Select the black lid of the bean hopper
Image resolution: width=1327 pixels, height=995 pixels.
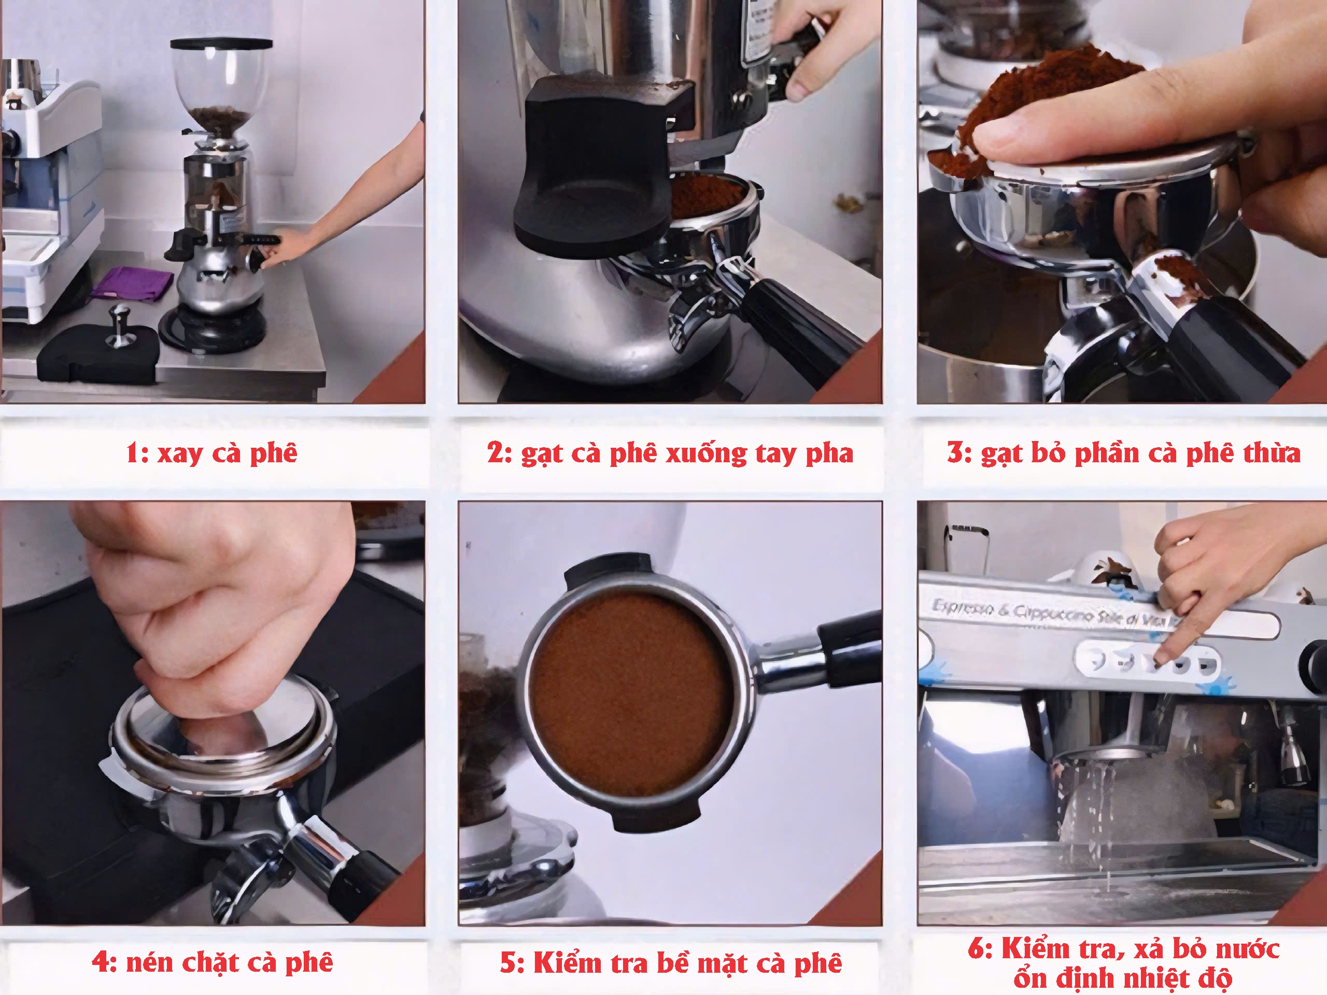[221, 44]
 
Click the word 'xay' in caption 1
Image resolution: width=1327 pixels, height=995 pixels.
[180, 453]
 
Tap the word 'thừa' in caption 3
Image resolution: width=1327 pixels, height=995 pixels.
[1273, 453]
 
